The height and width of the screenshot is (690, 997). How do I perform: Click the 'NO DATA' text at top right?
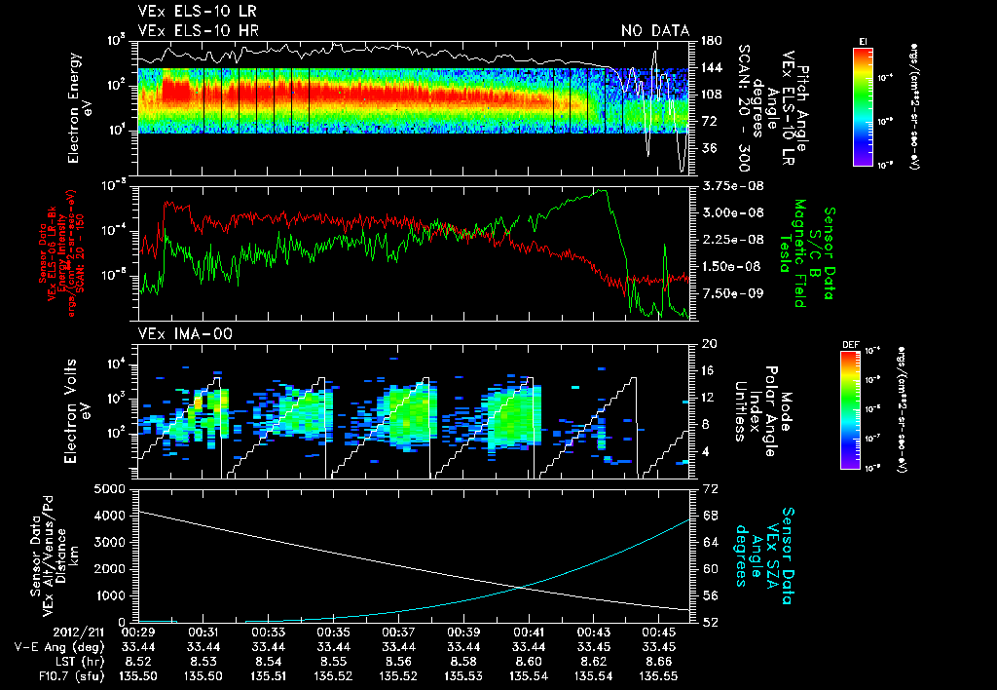click(655, 31)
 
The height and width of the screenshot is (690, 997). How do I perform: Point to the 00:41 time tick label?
click(528, 632)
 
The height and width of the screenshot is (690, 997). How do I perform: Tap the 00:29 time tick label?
click(139, 632)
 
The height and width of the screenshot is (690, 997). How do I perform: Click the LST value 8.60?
click(528, 660)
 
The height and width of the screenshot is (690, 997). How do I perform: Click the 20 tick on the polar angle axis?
click(710, 344)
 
